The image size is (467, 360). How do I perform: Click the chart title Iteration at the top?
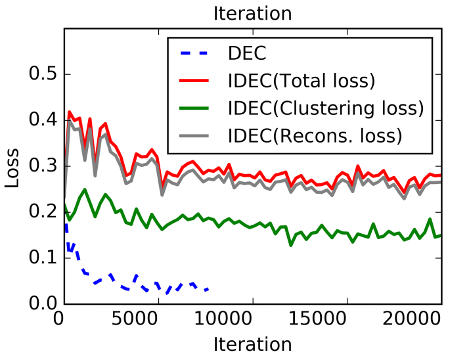(x=252, y=13)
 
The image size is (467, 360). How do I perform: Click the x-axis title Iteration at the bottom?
(x=252, y=344)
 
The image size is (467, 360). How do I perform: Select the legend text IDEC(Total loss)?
(x=301, y=81)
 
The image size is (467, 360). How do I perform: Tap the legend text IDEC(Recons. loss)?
(x=314, y=136)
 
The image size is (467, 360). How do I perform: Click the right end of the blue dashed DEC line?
(x=209, y=288)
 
